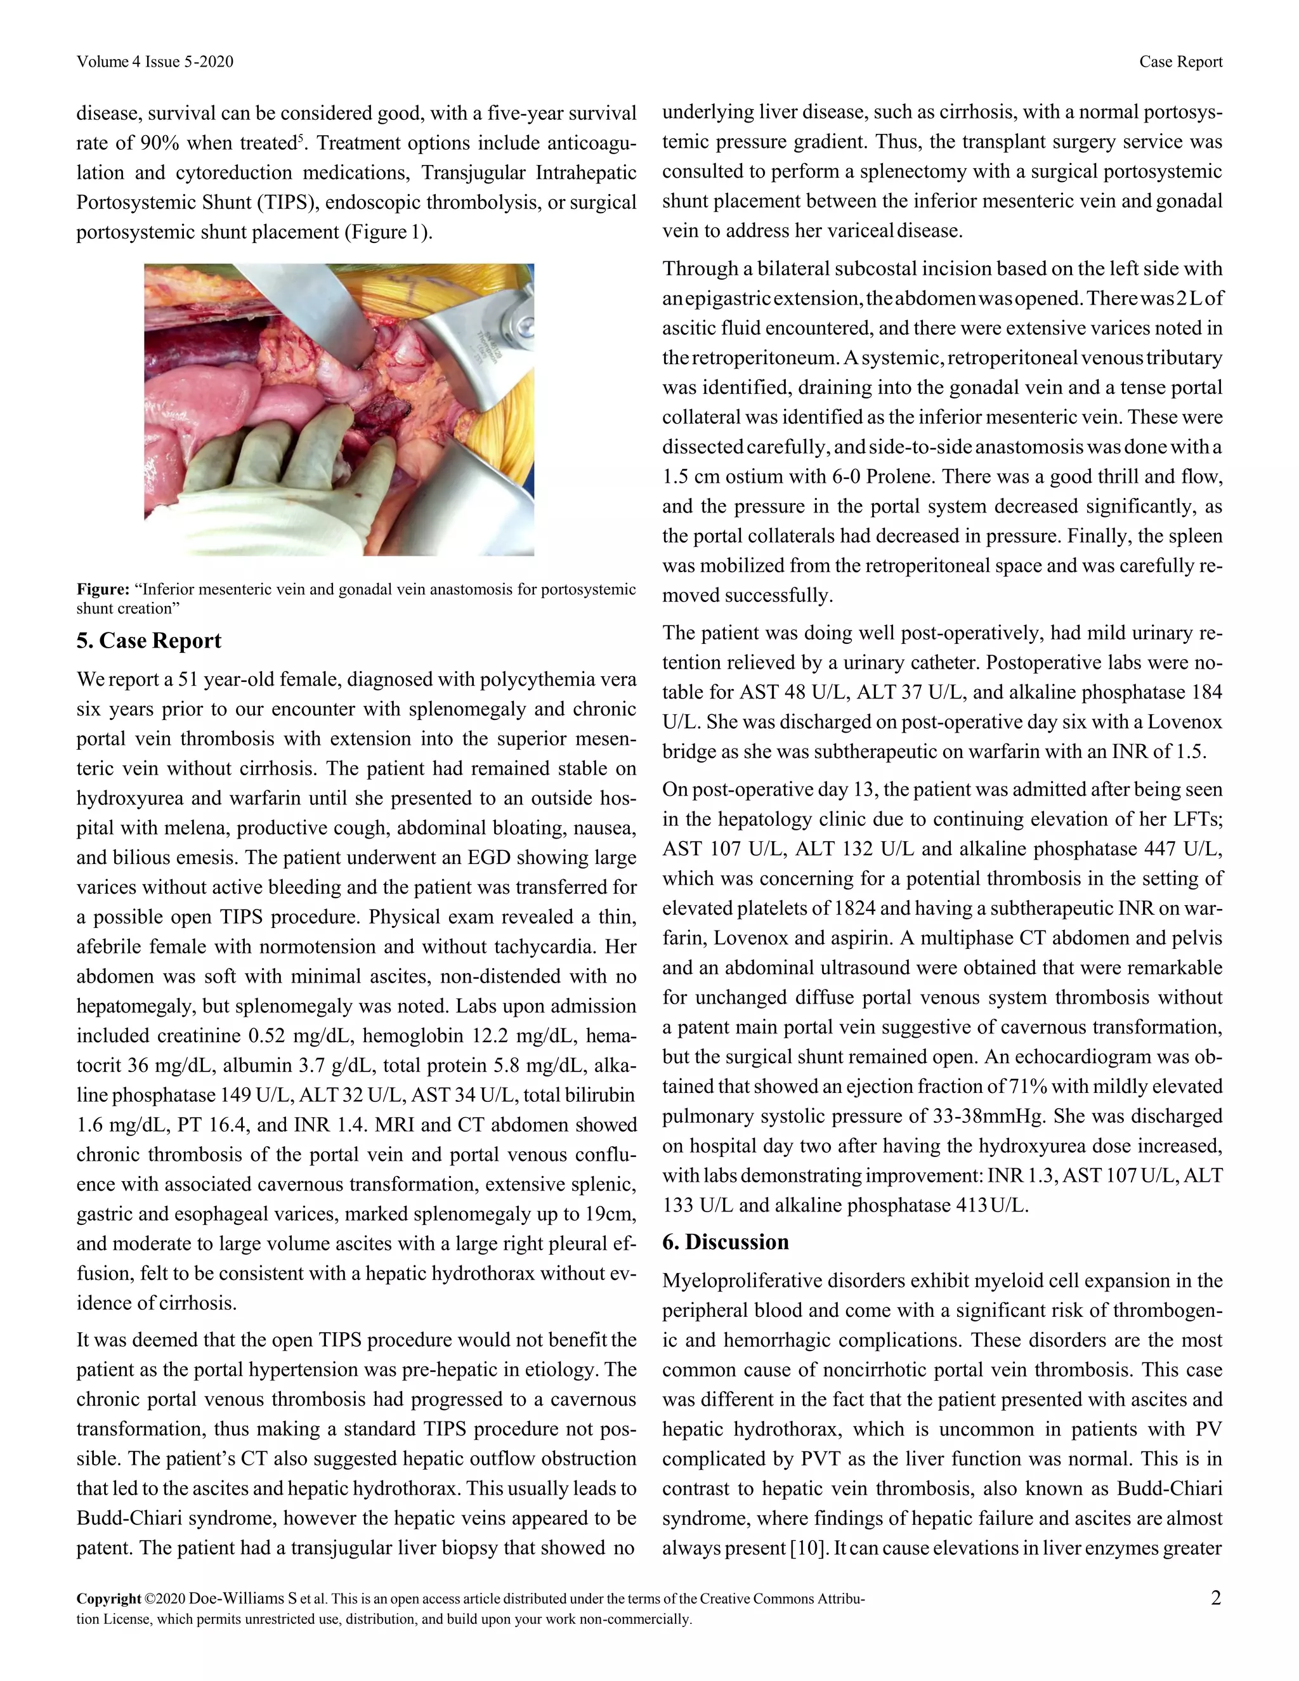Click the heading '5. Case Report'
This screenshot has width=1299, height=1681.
(148, 641)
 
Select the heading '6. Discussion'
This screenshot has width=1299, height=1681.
(725, 1241)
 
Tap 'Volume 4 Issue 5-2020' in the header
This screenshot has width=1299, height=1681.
(155, 62)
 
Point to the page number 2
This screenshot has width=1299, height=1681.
(1215, 1598)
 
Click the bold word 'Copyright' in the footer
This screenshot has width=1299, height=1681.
(108, 1599)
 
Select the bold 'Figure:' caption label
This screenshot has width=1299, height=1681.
(102, 589)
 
